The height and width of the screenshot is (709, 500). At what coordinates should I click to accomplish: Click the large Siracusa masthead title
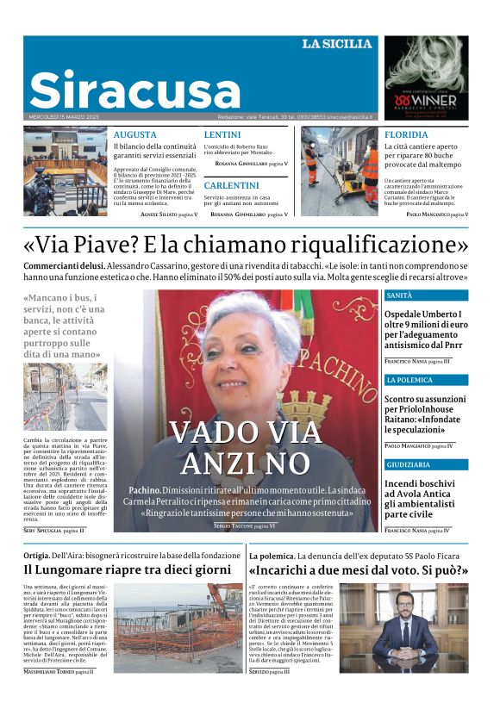(135, 90)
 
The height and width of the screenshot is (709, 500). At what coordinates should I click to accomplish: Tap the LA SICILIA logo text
(336, 44)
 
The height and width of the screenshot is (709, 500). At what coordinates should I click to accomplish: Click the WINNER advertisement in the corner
(425, 78)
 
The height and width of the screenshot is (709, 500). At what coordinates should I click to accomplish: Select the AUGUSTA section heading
(135, 135)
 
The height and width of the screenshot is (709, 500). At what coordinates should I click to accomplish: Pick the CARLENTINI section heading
(231, 185)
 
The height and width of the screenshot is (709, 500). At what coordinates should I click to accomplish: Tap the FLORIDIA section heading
(406, 135)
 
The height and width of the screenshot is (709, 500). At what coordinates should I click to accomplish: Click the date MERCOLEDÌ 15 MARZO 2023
(66, 117)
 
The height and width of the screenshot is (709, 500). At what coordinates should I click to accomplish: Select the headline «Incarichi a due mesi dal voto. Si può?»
(358, 569)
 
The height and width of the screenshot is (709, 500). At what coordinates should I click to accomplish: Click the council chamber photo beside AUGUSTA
(66, 171)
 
